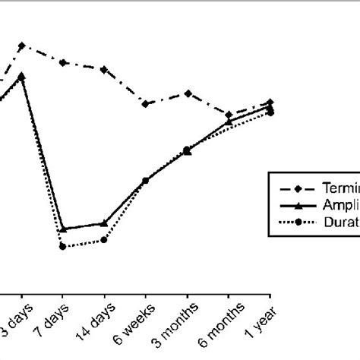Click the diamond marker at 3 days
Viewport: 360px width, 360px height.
pos(21,46)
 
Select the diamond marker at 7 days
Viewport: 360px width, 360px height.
pos(63,62)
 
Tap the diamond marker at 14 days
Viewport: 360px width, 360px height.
pos(104,69)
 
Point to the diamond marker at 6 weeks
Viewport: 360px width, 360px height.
pos(145,103)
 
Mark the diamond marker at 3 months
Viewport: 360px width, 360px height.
pos(187,93)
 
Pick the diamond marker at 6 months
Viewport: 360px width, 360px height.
pos(229,115)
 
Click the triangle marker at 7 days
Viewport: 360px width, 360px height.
pos(63,229)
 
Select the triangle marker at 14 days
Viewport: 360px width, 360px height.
pos(104,223)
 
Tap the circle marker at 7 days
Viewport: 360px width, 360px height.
pos(63,246)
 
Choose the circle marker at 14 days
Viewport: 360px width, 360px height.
pos(104,240)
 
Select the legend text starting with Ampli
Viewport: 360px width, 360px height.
pos(341,205)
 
